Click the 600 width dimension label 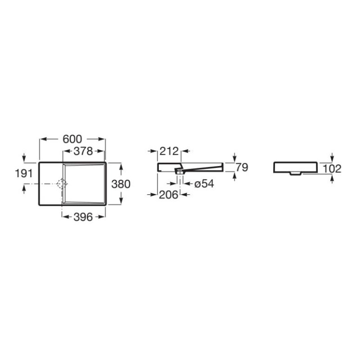(72, 139)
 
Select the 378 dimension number (83, 151)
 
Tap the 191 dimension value (24, 173)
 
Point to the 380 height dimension (121, 184)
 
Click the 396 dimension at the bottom (83, 217)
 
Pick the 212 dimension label (169, 151)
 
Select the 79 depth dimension (242, 167)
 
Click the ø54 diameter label (204, 184)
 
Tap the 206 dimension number (169, 195)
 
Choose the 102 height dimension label (332, 169)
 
